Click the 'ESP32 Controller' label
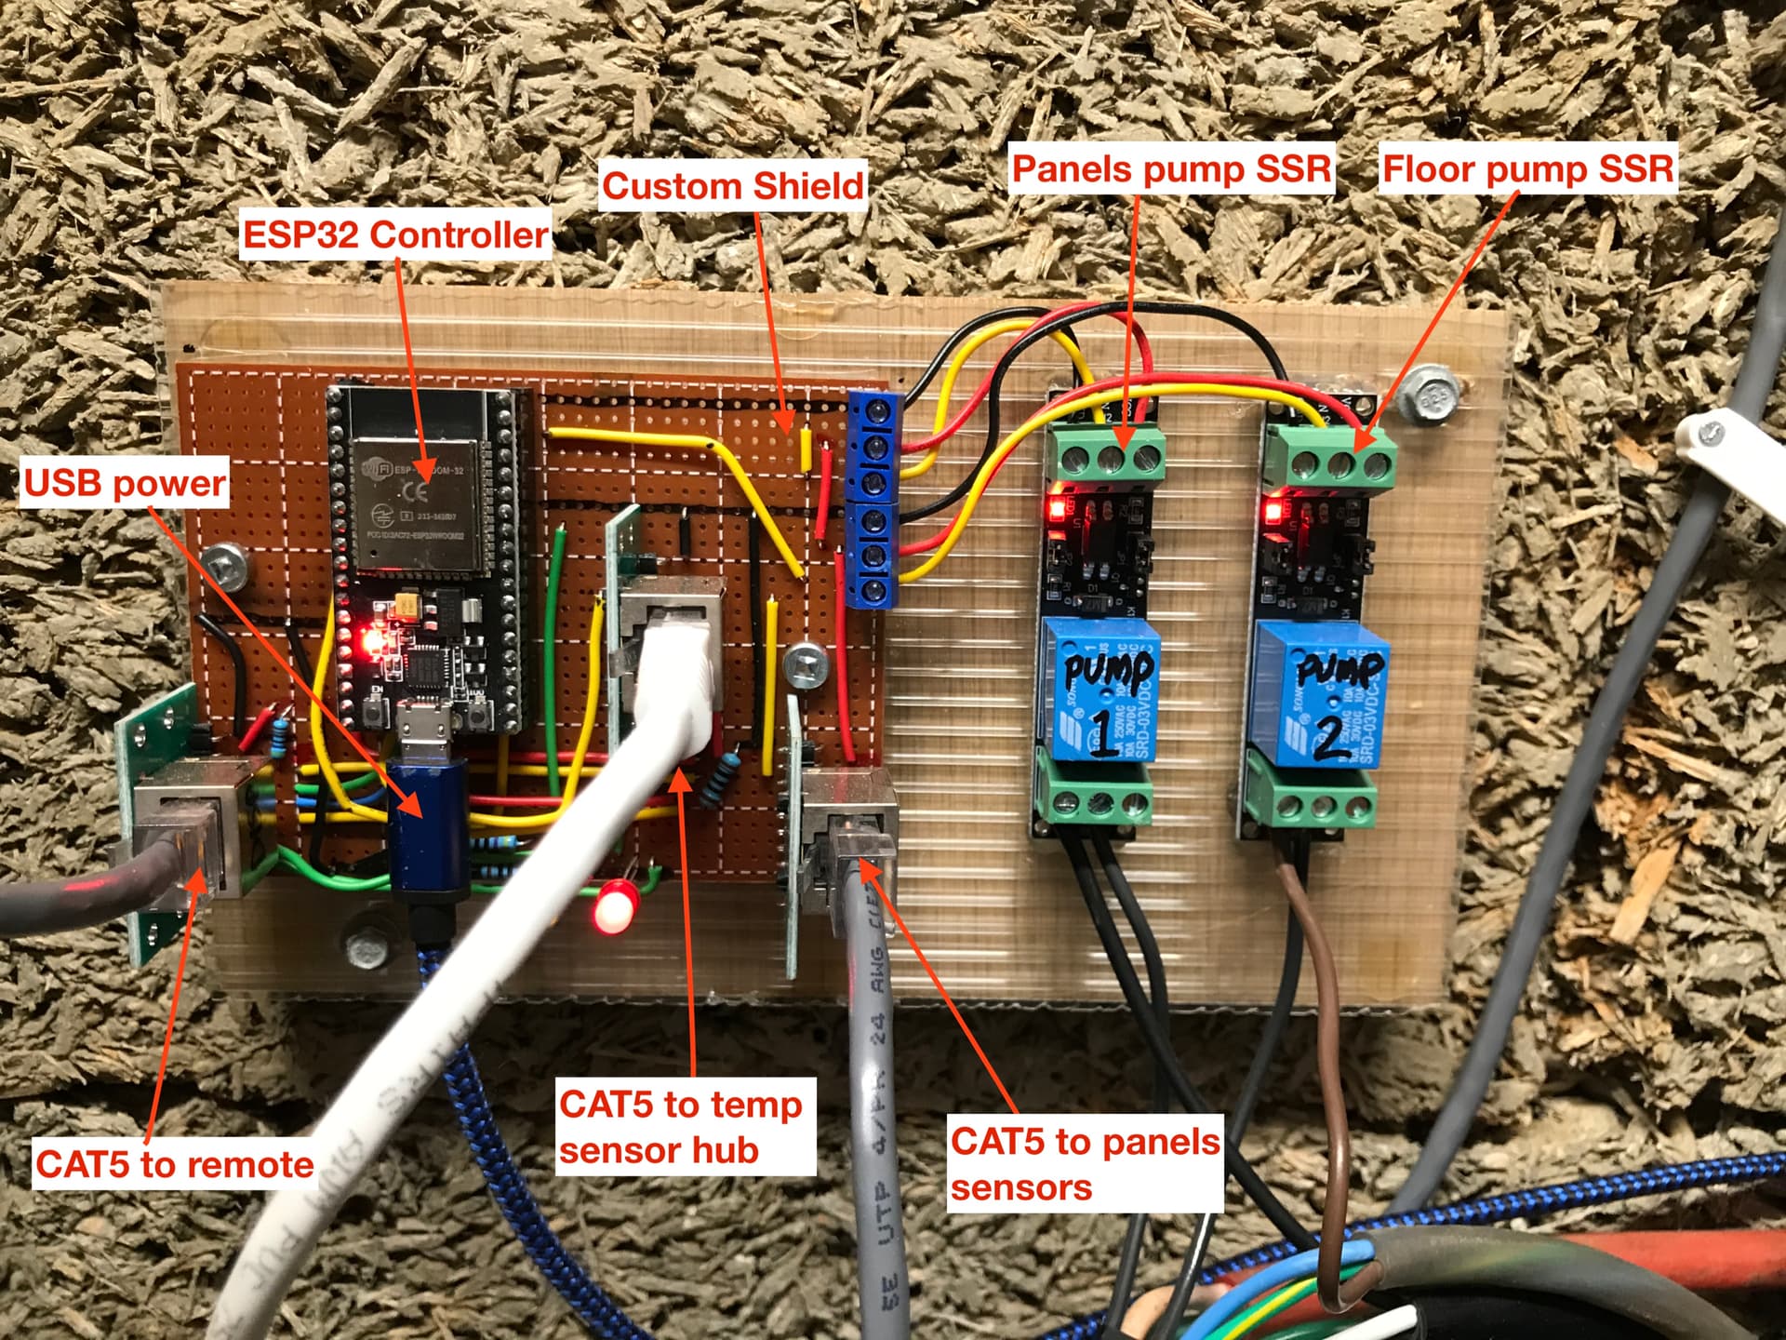(394, 234)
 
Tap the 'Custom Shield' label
(733, 186)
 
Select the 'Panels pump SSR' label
(1171, 168)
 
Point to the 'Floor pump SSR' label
(1527, 168)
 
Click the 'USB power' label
(125, 483)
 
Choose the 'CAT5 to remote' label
(174, 1164)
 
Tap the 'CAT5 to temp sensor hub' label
(685, 1127)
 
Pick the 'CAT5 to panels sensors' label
(1085, 1164)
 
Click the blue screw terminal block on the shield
(874, 501)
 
